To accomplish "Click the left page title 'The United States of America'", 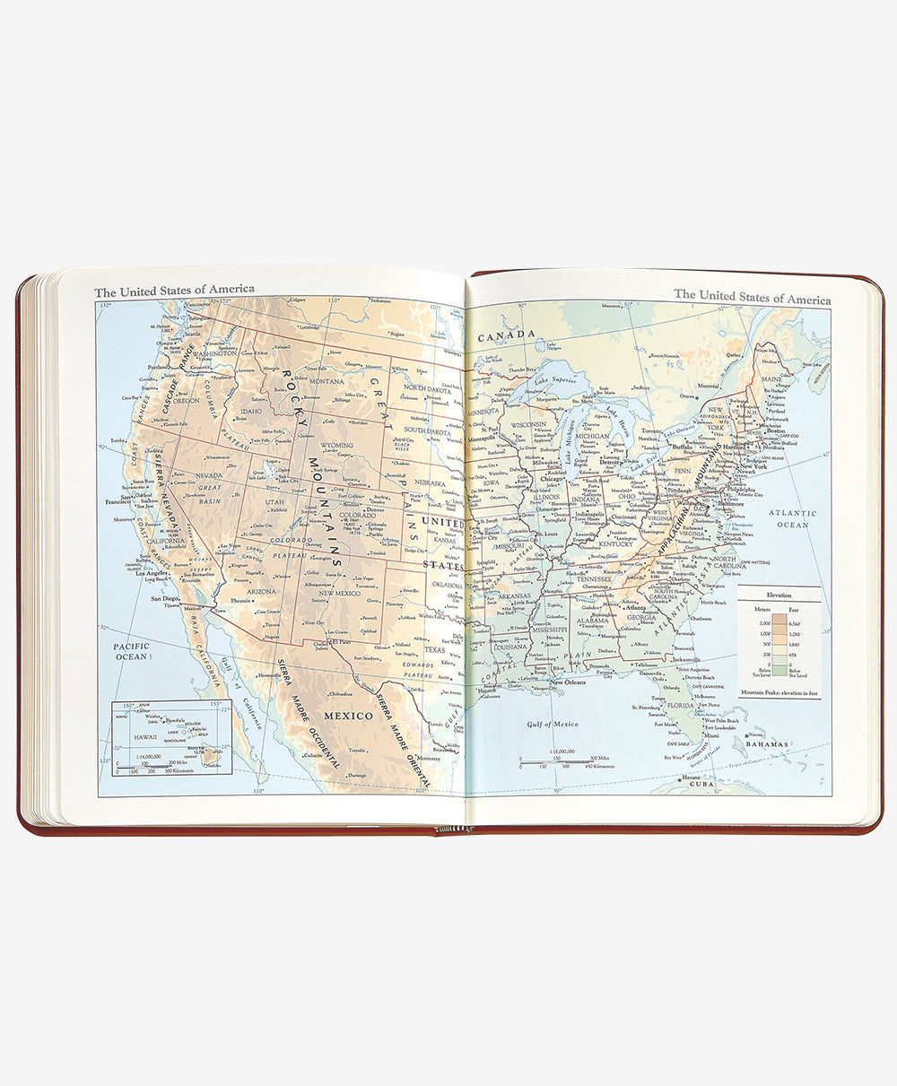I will [x=174, y=290].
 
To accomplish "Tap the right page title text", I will [x=752, y=295].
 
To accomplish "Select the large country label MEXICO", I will [x=348, y=716].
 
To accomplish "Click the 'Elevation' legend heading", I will [x=778, y=594].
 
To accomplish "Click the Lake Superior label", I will [x=554, y=379].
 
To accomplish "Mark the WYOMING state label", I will [x=337, y=445].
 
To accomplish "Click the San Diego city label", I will [x=165, y=598].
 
